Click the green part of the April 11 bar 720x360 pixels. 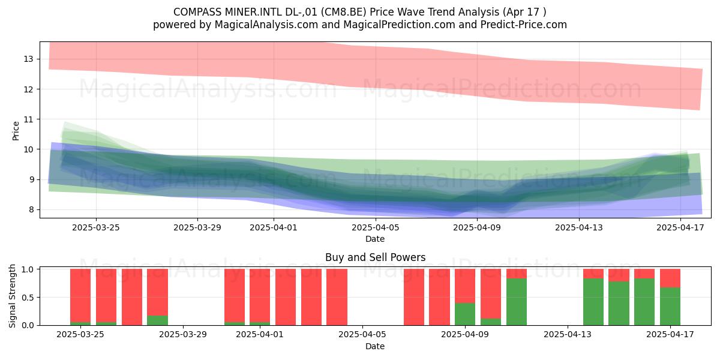point(517,302)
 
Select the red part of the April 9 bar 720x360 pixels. point(465,286)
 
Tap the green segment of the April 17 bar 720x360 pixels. point(670,307)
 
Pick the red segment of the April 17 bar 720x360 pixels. point(670,278)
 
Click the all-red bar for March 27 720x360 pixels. point(132,297)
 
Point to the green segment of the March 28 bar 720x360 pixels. point(157,320)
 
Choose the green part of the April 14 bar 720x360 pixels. point(619,304)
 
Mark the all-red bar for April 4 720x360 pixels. point(337,297)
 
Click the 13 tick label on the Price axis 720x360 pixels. point(28,59)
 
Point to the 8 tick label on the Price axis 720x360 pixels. point(31,210)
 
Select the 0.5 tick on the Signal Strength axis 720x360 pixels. point(28,298)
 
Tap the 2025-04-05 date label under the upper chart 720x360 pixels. point(376,227)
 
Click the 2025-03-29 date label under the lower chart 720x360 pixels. point(183,335)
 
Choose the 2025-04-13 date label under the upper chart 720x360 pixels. point(579,227)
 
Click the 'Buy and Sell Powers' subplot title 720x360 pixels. point(375,257)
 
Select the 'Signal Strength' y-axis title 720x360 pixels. point(12,296)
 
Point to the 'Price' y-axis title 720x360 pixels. point(16,131)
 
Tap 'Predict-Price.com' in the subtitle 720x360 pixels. point(524,25)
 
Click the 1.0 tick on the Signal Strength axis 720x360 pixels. point(28,269)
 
